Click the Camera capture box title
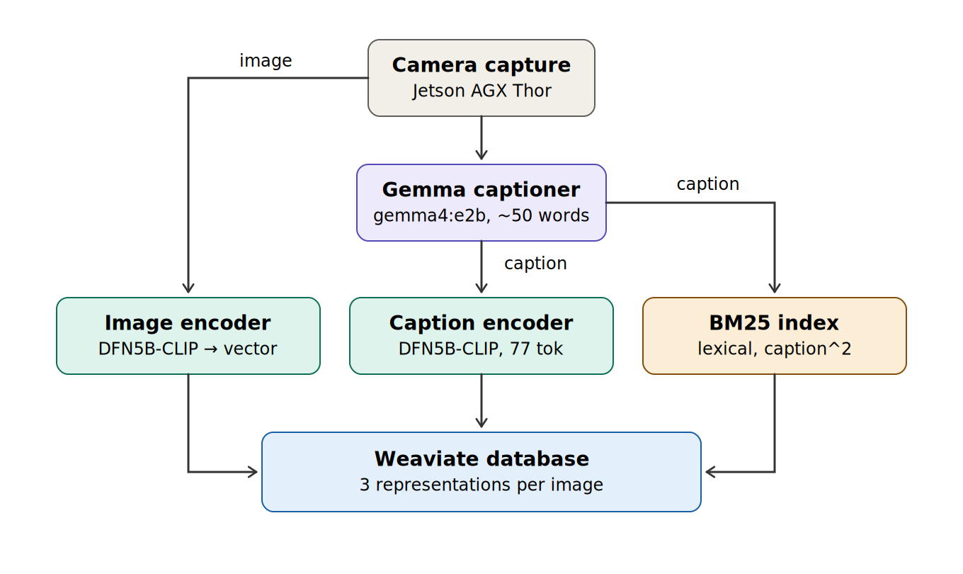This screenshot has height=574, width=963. [481, 65]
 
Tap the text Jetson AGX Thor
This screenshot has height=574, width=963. [481, 91]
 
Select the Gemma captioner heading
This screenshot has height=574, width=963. [481, 190]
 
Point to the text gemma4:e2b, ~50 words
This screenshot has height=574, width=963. [481, 215]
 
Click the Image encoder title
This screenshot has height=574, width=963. [188, 323]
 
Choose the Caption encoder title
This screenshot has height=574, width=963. [481, 323]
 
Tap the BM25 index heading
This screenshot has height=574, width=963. [774, 323]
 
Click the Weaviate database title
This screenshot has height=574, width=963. [481, 458]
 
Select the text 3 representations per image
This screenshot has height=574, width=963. [481, 485]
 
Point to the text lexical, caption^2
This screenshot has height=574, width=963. [774, 349]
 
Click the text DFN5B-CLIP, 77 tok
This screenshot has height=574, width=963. [481, 349]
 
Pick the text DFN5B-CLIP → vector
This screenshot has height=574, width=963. [188, 349]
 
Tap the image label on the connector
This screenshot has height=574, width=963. [266, 61]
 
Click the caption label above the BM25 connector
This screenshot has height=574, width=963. [707, 184]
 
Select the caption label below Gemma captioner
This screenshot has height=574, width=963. [535, 264]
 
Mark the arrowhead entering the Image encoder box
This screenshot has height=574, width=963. [188, 288]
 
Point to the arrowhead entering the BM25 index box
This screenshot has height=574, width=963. [775, 288]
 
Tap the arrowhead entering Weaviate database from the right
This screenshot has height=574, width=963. [710, 472]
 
